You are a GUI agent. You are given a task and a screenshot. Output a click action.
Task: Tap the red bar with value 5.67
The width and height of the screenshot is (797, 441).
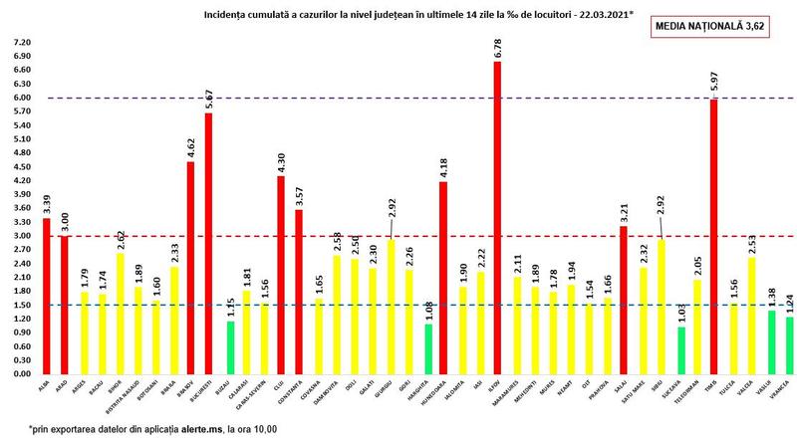(208, 244)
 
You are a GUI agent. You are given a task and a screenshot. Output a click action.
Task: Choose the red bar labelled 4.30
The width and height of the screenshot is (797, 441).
(281, 275)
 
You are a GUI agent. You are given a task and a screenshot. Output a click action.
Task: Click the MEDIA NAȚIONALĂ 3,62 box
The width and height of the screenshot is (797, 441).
(717, 27)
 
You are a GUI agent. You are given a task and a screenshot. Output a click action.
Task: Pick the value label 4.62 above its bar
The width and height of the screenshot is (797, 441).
(190, 146)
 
